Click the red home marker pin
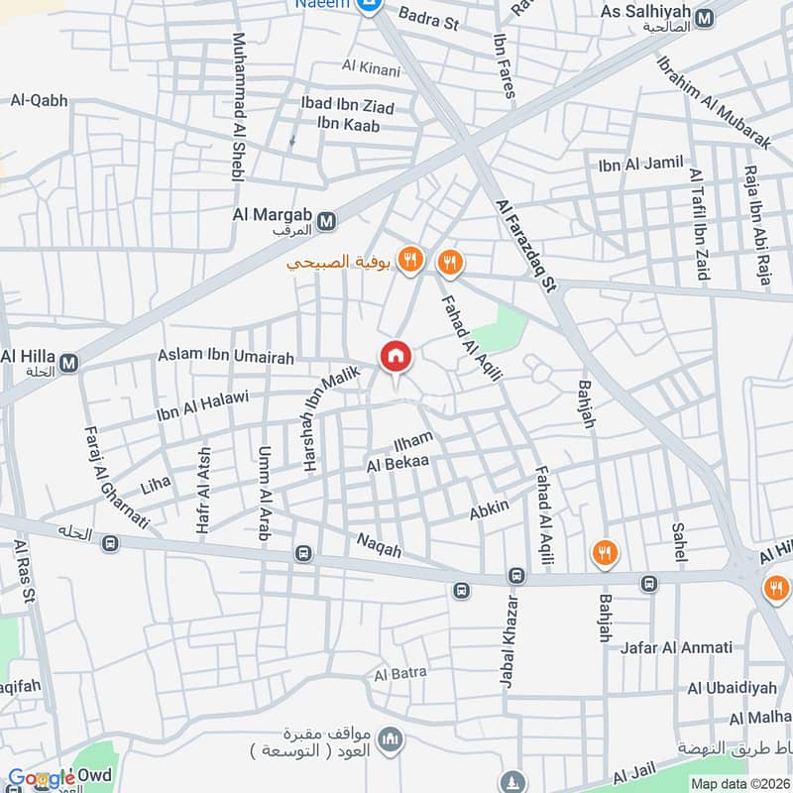point(395,356)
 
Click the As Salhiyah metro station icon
point(706,19)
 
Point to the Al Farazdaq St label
point(525,244)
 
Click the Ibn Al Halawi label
point(202,405)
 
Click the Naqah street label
point(380,545)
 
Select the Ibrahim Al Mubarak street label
point(712,99)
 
